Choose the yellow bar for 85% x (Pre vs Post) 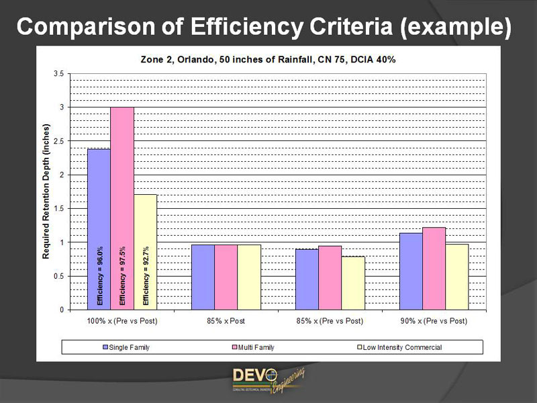(353, 283)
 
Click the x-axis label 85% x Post (226, 321)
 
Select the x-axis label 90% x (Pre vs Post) (434, 321)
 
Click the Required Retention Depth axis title (46, 191)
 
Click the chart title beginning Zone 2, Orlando (268, 59)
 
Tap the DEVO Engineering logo (268, 379)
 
